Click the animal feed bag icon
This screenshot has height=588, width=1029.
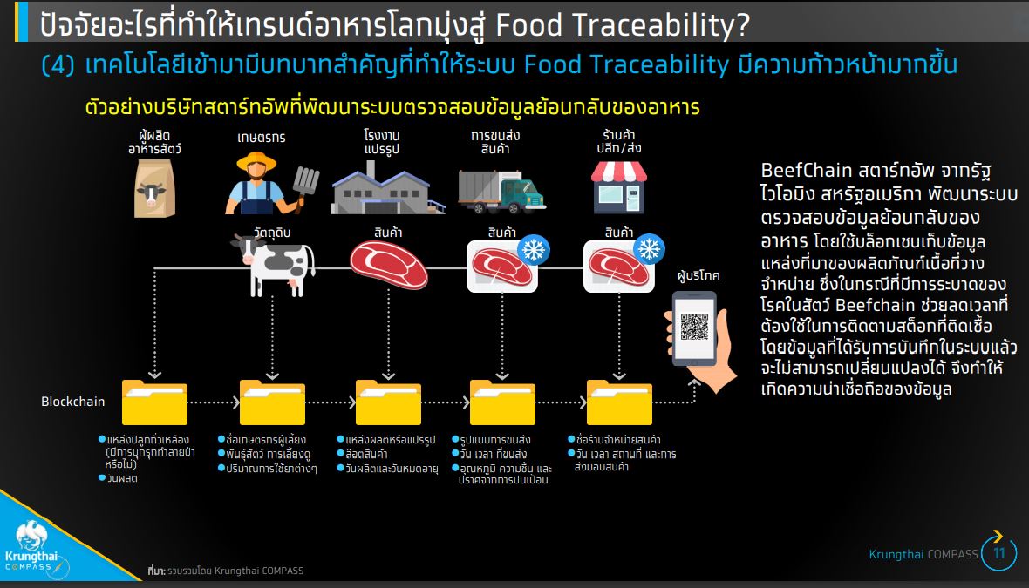point(155,189)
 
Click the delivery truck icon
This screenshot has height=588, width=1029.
point(501,192)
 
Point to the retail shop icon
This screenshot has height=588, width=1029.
point(619,187)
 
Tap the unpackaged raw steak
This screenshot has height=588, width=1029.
point(389,265)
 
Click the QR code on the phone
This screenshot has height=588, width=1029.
point(693,327)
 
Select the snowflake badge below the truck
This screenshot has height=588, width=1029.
point(534,250)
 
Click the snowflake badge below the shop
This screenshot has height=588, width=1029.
point(649,250)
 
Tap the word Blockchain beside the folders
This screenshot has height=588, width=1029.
point(73,402)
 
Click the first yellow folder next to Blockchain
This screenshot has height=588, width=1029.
point(155,402)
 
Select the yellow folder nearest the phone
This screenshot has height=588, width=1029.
point(619,402)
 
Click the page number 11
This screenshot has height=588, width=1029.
point(999,553)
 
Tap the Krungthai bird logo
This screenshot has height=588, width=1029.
point(31,535)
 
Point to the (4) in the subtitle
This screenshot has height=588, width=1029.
point(58,64)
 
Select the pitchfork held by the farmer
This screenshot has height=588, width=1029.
point(304,187)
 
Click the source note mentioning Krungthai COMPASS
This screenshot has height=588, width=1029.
point(226,571)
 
